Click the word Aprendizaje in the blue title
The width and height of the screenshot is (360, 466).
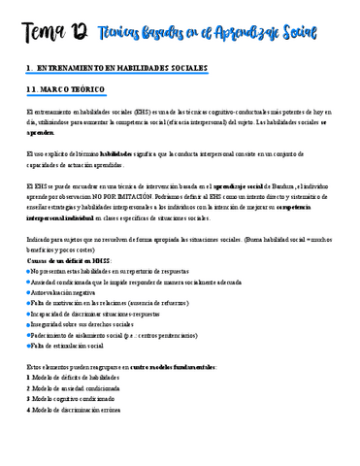(255, 36)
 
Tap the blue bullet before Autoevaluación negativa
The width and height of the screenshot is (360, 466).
(29, 291)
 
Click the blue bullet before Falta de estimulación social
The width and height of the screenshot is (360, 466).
(29, 345)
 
